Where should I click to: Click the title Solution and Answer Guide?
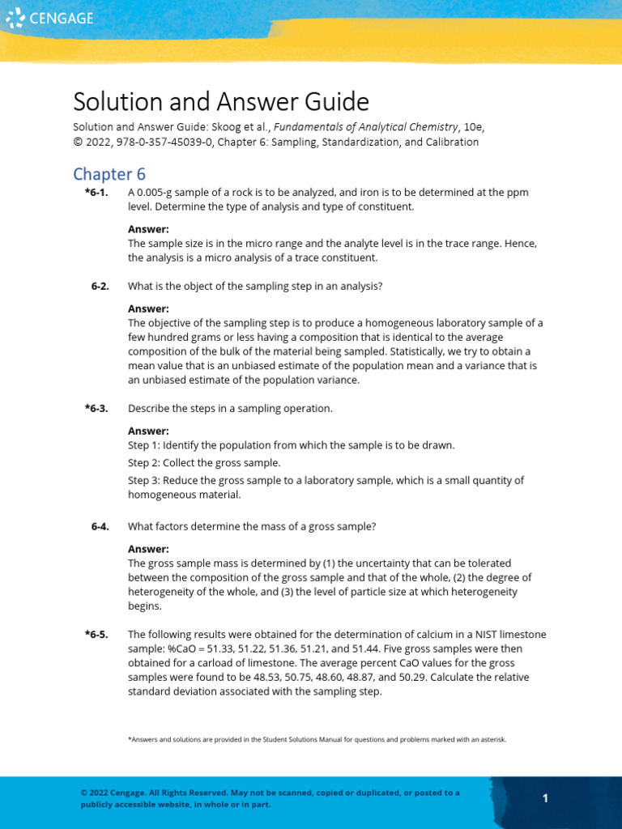click(x=220, y=102)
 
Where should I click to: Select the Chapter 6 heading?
click(x=109, y=174)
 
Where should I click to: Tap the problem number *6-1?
click(x=96, y=193)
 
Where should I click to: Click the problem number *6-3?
click(x=96, y=408)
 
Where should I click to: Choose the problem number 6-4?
click(x=100, y=526)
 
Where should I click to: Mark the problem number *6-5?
click(x=96, y=634)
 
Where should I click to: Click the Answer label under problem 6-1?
click(x=148, y=229)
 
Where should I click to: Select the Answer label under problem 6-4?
click(x=148, y=549)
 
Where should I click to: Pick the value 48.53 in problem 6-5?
click(x=273, y=678)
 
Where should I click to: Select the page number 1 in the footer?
click(x=545, y=798)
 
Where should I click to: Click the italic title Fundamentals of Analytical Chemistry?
click(x=368, y=128)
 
